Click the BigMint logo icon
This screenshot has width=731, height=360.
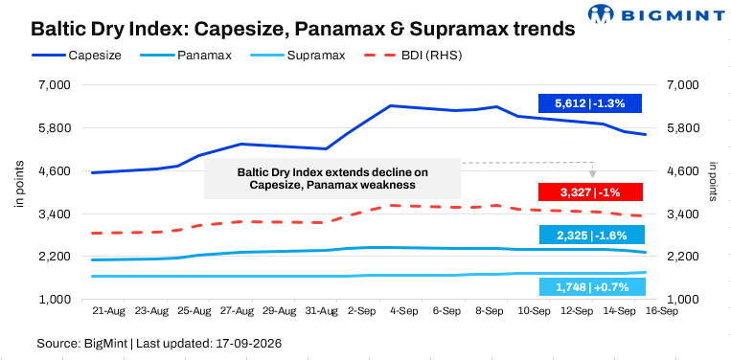[601, 13]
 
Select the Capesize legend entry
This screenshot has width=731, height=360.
[77, 56]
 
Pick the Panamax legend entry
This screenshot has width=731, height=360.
[186, 56]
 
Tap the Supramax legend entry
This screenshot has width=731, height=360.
[297, 56]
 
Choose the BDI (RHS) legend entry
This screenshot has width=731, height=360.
[412, 56]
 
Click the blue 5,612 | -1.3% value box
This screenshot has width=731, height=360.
[590, 103]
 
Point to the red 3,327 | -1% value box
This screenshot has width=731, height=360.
[590, 191]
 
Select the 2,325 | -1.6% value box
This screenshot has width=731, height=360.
[592, 235]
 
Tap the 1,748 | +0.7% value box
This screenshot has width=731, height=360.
[592, 287]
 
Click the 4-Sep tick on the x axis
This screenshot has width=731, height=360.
[403, 311]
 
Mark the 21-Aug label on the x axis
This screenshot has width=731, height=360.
[109, 311]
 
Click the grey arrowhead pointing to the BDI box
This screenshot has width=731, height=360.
[592, 174]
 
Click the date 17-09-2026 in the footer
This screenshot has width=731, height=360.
[249, 344]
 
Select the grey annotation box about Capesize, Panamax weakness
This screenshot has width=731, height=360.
[332, 178]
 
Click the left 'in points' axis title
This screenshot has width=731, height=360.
[19, 185]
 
